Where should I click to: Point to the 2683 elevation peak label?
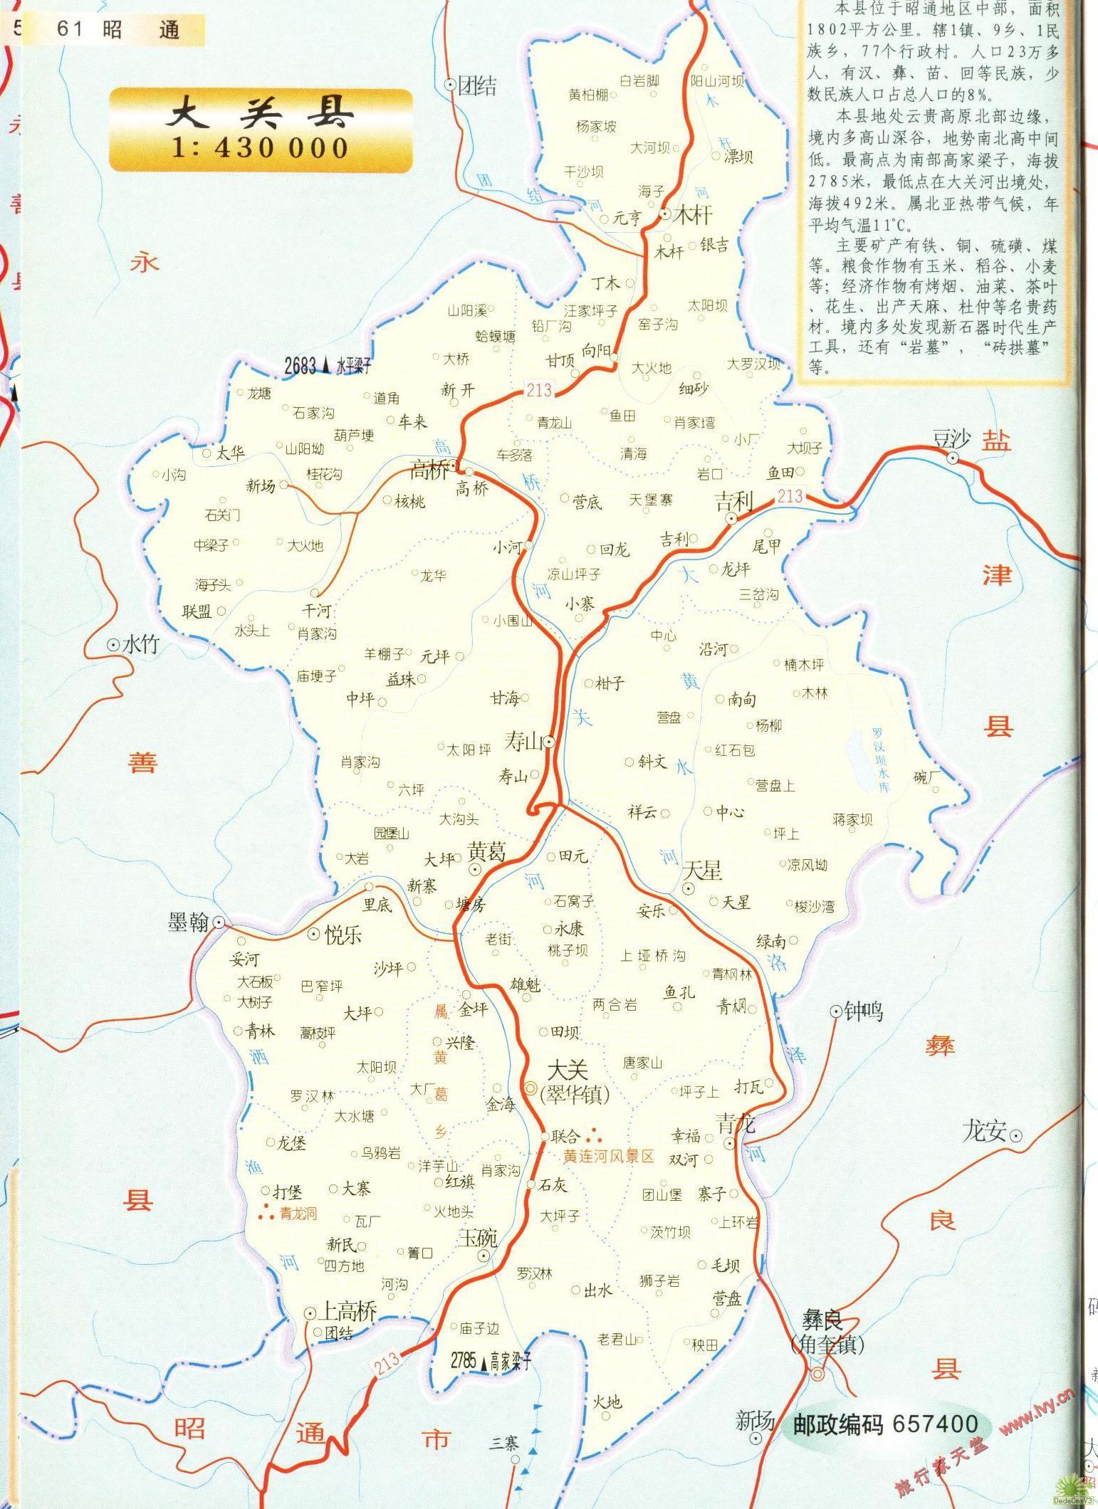300,366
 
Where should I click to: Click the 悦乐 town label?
343,935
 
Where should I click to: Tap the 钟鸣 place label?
863,1011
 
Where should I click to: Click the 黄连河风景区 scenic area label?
608,1157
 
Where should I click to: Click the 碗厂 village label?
926,777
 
